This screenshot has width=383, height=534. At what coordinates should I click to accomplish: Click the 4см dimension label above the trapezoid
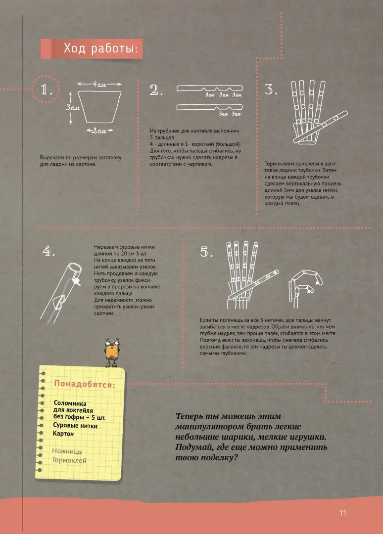(99, 84)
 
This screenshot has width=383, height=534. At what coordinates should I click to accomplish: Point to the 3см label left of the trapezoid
(73, 107)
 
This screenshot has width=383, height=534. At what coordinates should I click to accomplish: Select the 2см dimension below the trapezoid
(99, 131)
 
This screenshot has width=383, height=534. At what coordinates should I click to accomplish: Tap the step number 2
(156, 90)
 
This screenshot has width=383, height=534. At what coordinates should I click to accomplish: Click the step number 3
(271, 90)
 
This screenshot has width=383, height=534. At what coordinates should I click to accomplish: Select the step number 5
(206, 252)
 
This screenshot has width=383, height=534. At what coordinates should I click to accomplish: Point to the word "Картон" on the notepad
(63, 434)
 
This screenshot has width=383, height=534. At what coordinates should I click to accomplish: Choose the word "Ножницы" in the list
(67, 451)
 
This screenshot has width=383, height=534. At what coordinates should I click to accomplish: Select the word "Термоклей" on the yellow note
(69, 460)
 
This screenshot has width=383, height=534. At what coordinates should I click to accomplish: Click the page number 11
(342, 513)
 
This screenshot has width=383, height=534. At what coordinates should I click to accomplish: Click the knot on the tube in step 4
(78, 281)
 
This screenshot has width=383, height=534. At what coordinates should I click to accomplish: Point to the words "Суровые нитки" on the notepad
(75, 425)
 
